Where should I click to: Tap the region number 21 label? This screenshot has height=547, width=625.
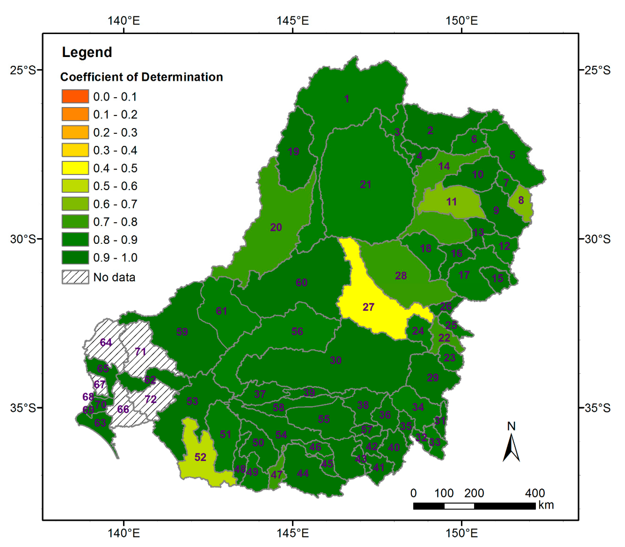point(365,184)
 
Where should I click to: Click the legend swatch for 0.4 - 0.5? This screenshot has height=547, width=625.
point(75,168)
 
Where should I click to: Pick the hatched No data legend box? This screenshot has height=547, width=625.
point(75,277)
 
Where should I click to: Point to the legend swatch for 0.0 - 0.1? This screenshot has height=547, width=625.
point(75,96)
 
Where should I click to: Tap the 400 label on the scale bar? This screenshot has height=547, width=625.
point(535,493)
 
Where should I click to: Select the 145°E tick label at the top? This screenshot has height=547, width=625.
point(293,21)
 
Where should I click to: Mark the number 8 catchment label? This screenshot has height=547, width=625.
point(521,200)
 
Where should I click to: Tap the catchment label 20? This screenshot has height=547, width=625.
point(276,227)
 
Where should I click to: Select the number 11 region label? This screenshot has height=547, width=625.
point(451,202)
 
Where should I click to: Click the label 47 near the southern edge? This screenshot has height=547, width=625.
point(277,475)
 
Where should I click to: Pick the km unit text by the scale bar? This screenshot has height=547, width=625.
point(546,505)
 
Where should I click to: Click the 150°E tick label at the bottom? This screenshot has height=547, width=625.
point(461,533)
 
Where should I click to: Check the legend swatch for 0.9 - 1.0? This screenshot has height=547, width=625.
point(75,257)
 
